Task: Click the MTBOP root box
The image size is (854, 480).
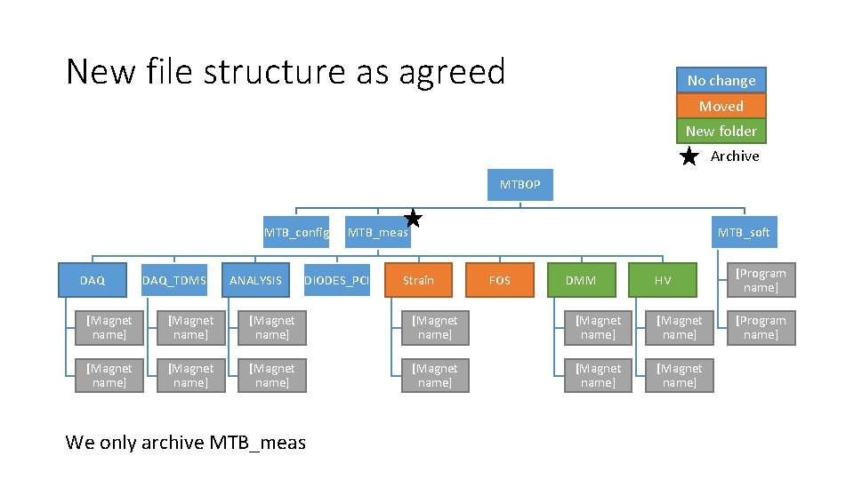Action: [x=520, y=185]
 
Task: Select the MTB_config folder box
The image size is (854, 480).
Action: [x=296, y=233]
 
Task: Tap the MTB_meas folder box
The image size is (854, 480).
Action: [x=377, y=233]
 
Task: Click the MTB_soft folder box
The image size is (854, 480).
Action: [x=744, y=233]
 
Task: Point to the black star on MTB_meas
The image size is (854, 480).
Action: [x=413, y=218]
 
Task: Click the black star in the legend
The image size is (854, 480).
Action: [x=689, y=156]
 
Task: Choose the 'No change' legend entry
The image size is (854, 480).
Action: [x=721, y=80]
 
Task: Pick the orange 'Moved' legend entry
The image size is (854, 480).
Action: [x=721, y=106]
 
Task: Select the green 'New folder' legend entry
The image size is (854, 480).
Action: [x=721, y=131]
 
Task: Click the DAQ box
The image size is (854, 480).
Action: [x=93, y=280]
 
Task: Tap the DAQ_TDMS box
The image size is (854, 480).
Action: [x=174, y=280]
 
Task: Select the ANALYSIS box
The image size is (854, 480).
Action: [x=255, y=280]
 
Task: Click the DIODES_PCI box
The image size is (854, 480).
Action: [x=337, y=280]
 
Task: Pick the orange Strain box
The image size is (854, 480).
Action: [x=418, y=280]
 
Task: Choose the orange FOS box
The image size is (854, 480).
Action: [x=500, y=280]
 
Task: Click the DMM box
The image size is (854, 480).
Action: [x=581, y=280]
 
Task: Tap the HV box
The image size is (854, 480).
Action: [x=663, y=280]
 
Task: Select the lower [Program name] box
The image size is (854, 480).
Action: [x=760, y=327]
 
